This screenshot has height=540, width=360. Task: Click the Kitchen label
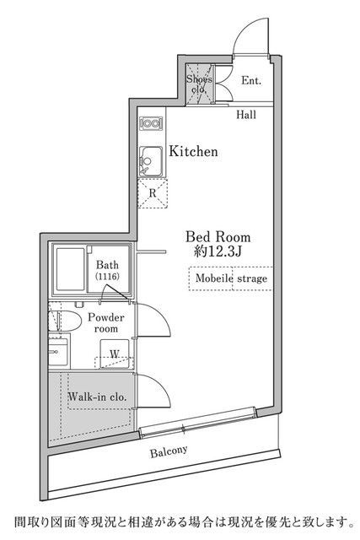[193, 152]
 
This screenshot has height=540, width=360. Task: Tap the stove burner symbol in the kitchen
[151, 124]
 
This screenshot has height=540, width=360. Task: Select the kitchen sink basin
[151, 161]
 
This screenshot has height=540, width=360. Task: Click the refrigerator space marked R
[153, 193]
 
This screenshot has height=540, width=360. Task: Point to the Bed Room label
[218, 237]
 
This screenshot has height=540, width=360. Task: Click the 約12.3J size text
[218, 251]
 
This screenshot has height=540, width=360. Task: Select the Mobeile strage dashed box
[231, 278]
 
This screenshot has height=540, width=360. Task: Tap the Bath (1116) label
[107, 270]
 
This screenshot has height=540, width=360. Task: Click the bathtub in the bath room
[70, 269]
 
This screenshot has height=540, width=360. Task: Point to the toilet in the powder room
[64, 321]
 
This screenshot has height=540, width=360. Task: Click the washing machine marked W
[115, 354]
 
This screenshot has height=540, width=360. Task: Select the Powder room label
[106, 322]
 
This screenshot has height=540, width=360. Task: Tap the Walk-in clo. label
[97, 397]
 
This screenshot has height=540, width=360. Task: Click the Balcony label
[169, 451]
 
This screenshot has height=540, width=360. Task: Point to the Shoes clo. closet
[200, 84]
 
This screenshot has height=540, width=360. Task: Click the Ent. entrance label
[251, 81]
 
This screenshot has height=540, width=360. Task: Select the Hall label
[246, 115]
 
